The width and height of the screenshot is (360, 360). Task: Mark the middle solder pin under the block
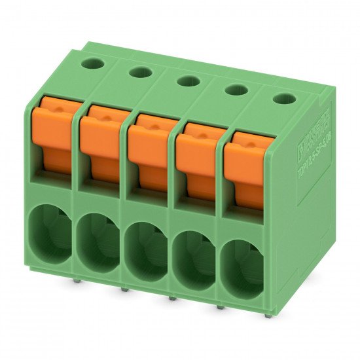[x=172, y=298]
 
